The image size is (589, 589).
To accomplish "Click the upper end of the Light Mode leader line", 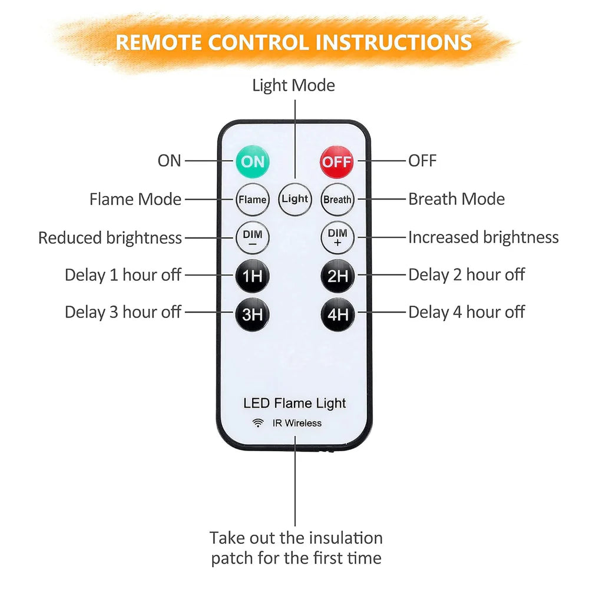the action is tap(295, 100).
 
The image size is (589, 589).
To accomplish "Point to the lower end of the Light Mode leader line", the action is tap(295, 178).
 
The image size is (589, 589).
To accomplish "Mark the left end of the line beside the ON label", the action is tap(185, 161).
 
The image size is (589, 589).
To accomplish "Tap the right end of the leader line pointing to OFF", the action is tap(406, 161).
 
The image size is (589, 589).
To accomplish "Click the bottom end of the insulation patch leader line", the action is tap(295, 526).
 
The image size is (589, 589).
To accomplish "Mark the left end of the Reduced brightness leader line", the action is tap(185, 238).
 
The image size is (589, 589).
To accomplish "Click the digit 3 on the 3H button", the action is tap(247, 315).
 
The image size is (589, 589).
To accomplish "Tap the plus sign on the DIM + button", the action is tap(337, 243).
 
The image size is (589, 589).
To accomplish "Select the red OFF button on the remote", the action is tap(337, 162).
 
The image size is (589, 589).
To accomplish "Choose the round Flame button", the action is tap(253, 200).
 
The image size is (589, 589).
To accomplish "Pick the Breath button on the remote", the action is tap(337, 200).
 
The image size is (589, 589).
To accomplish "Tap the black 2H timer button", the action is tap(337, 276).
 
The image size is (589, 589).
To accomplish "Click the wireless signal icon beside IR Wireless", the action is tap(258, 423).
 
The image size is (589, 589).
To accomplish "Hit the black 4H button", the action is tap(337, 315).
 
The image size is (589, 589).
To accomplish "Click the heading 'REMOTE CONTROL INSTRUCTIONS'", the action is tap(293, 42).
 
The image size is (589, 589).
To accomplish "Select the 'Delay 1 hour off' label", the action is tap(123, 275).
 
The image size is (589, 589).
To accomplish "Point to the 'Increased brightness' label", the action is tap(484, 237).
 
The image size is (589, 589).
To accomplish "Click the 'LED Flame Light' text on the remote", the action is tap(294, 403).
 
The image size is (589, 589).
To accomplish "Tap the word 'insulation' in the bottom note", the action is tap(343, 538).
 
